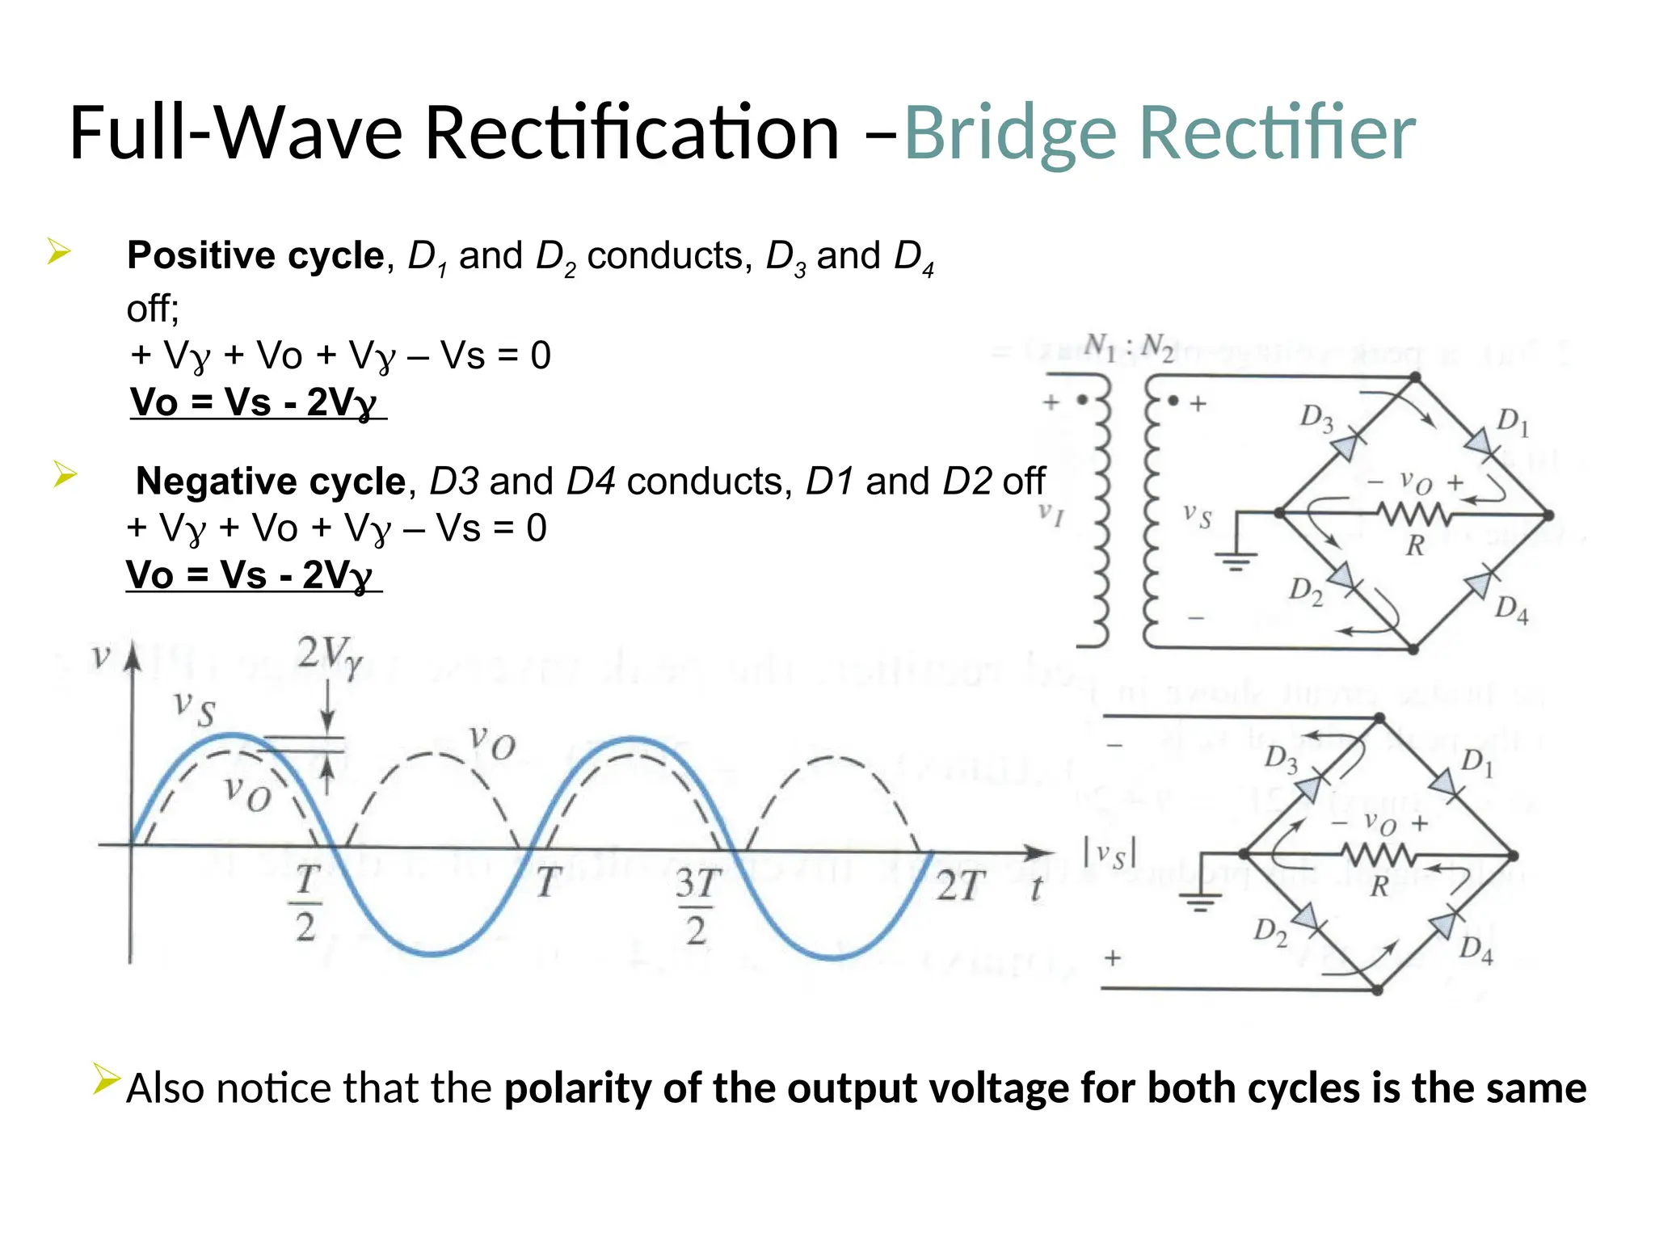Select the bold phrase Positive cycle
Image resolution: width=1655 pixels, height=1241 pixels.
point(255,256)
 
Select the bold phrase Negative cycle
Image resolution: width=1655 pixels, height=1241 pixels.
point(270,482)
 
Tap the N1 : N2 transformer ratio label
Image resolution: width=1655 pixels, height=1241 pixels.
point(1129,347)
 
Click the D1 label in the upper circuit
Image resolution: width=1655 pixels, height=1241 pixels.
point(1513,422)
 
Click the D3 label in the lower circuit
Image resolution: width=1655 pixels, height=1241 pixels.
point(1281,759)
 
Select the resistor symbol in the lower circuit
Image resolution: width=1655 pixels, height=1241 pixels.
point(1379,855)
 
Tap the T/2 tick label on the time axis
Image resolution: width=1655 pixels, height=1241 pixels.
point(306,903)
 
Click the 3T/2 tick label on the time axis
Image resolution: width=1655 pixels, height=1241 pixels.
point(697,907)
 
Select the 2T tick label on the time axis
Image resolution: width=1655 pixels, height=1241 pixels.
point(962,887)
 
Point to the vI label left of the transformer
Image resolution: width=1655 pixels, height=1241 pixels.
point(1051,514)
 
